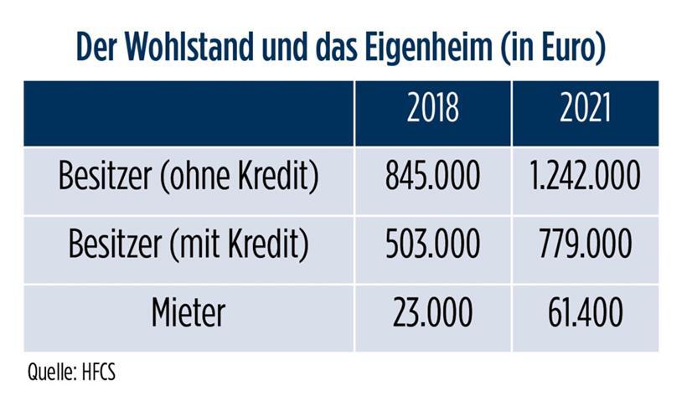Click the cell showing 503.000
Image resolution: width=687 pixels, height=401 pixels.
[432, 244]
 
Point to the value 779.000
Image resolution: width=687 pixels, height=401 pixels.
[586, 244]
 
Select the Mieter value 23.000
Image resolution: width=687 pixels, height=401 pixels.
[432, 312]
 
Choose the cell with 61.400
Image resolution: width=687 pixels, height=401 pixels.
[586, 312]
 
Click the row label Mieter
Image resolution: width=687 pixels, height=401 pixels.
[189, 312]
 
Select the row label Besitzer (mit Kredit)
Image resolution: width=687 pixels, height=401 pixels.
[189, 244]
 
